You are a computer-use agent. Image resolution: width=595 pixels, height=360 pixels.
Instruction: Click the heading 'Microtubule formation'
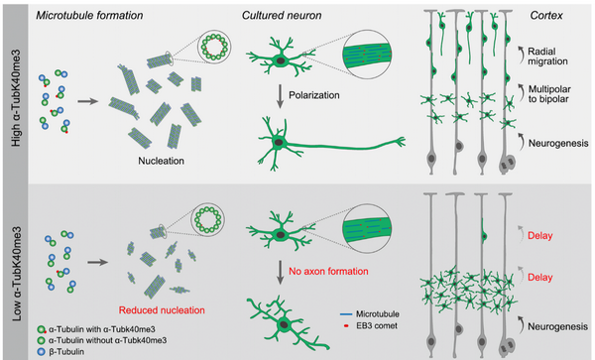tap(89, 15)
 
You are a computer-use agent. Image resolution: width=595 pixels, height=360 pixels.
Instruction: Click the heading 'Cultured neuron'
tap(282, 15)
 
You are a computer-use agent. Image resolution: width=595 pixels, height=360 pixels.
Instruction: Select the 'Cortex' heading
tap(546, 15)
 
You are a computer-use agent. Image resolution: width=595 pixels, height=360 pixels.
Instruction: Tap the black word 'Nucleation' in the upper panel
tap(161, 161)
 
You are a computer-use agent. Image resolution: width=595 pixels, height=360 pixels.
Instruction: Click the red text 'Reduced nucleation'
tap(162, 310)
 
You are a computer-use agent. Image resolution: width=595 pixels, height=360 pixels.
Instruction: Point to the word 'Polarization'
tap(313, 95)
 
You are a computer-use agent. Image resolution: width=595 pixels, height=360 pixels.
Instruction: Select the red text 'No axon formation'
tap(328, 271)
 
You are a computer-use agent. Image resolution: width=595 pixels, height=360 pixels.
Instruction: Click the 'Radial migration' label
tap(547, 57)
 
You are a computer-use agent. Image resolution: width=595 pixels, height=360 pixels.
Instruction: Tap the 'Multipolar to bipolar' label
tap(549, 94)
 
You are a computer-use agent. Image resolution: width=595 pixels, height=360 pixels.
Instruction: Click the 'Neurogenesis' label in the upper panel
tap(558, 144)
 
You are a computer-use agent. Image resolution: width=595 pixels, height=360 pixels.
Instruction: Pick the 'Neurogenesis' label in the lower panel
tap(557, 326)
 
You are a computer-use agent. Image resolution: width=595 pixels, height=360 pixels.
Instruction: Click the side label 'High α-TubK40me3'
tap(16, 98)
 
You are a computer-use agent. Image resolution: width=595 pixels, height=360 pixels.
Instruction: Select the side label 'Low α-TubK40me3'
tap(17, 274)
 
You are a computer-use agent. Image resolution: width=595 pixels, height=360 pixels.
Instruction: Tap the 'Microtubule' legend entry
tap(370, 314)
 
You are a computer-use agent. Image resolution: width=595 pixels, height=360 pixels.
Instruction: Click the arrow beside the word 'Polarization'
tap(280, 96)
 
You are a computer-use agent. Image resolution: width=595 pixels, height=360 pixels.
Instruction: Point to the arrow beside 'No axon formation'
tap(280, 272)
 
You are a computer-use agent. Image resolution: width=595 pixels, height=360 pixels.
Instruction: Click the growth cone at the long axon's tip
tap(400, 142)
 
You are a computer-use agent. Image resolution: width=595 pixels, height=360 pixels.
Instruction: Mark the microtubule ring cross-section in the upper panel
tap(214, 47)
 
